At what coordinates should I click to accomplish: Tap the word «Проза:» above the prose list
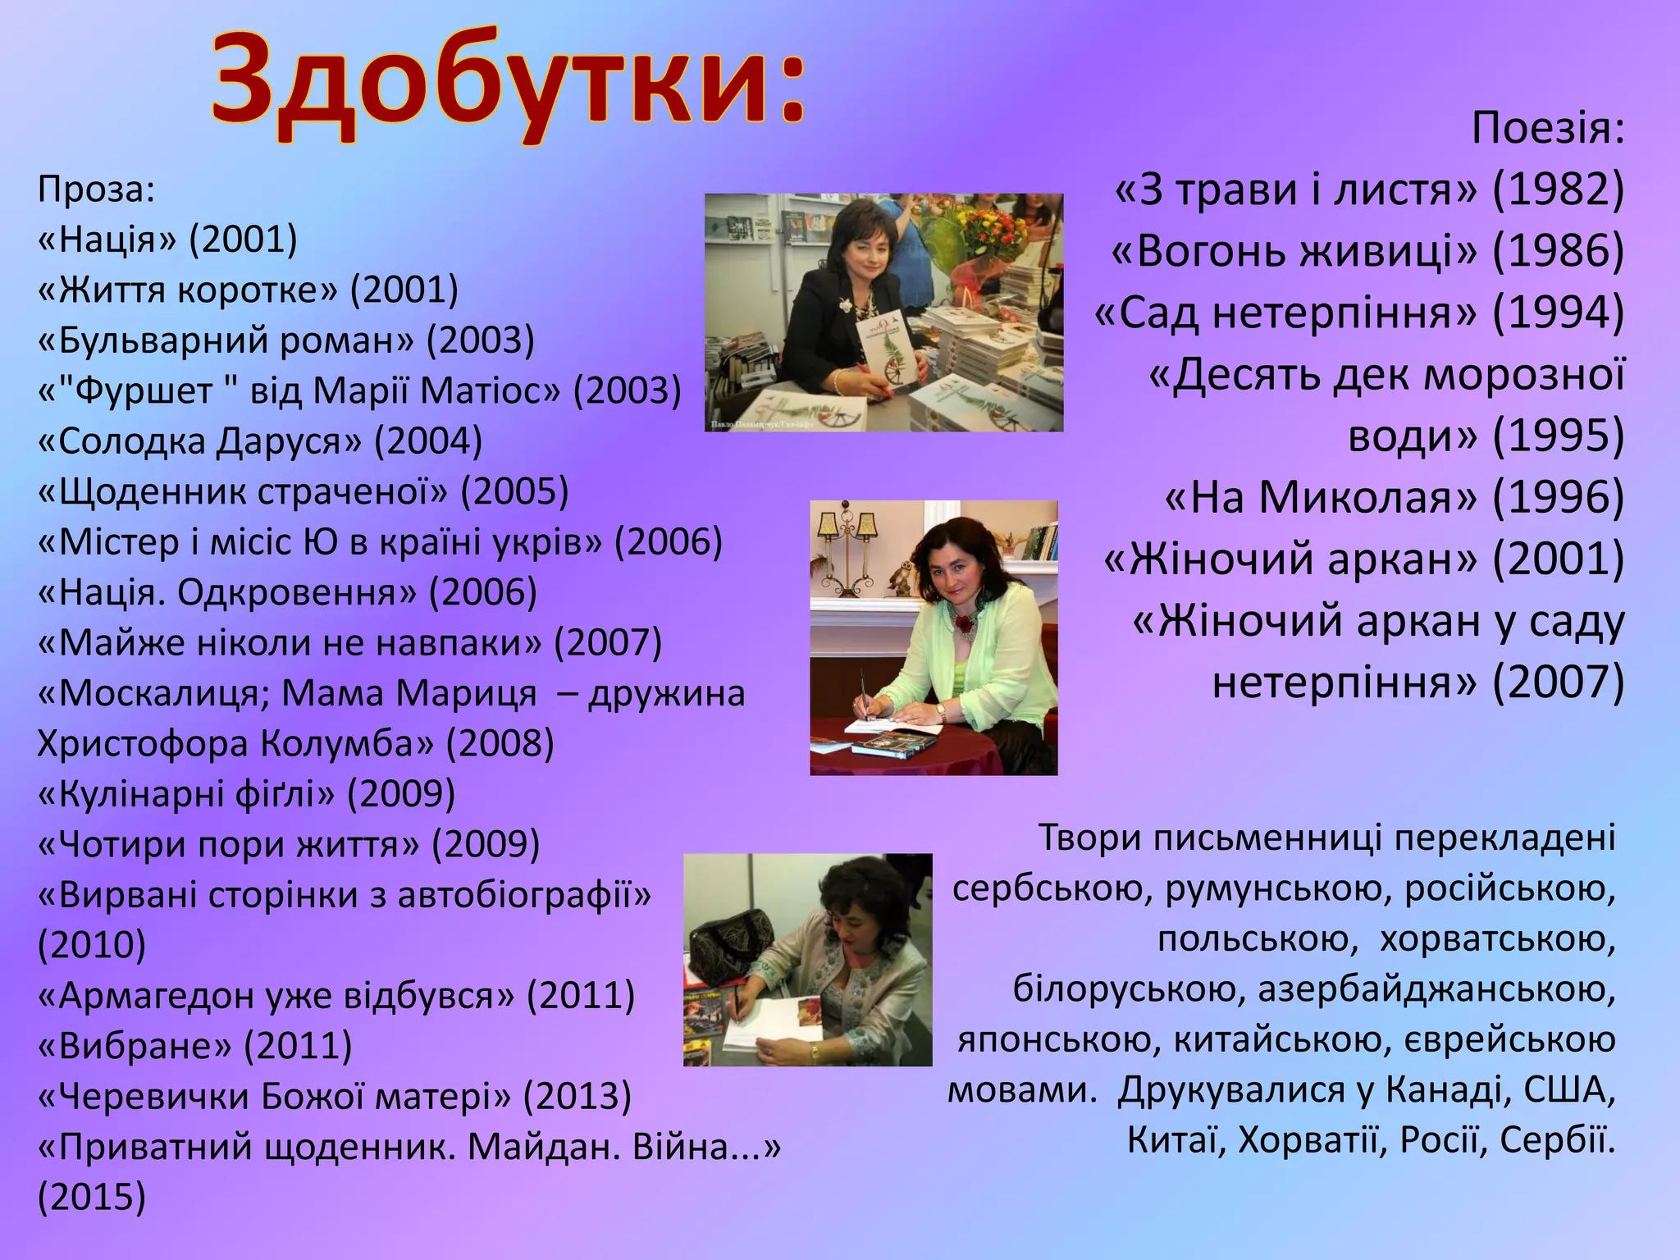tap(96, 189)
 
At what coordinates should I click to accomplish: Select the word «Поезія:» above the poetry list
tap(1547, 128)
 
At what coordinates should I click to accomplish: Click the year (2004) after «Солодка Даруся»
tap(428, 441)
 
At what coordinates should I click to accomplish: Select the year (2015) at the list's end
tap(92, 1197)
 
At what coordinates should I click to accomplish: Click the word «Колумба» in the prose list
tap(347, 744)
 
